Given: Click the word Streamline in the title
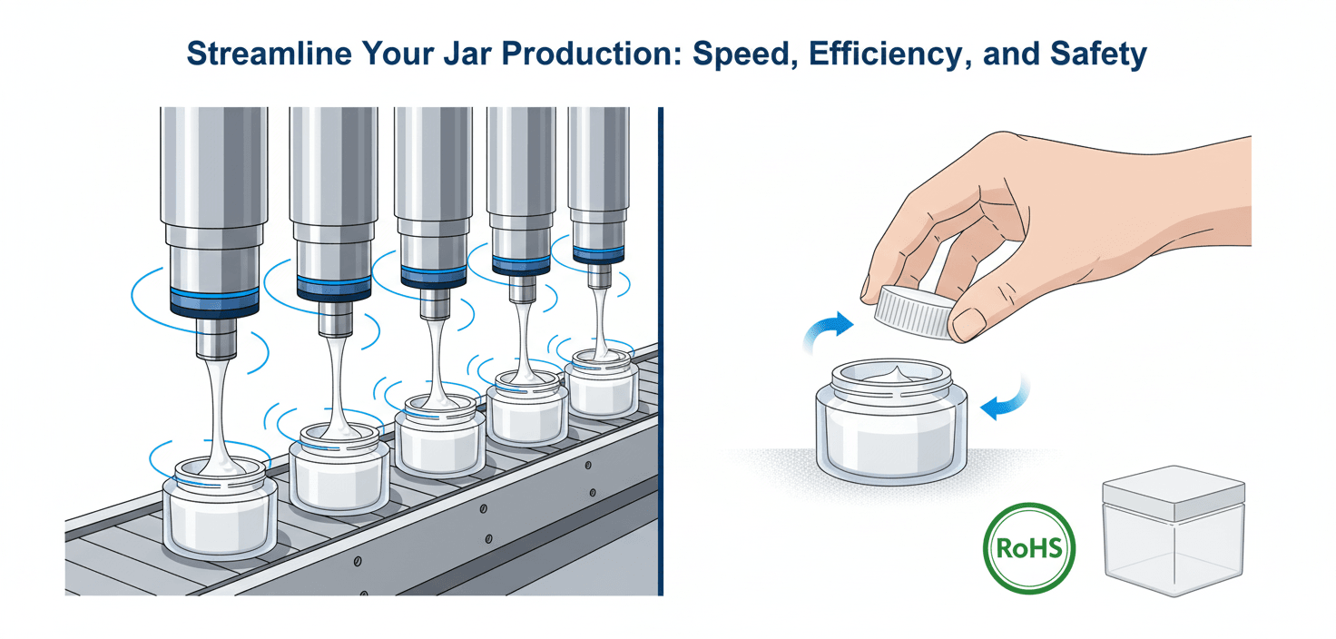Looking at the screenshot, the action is click(x=270, y=54).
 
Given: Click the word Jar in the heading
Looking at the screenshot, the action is click(x=468, y=54).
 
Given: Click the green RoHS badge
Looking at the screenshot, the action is click(x=1029, y=548).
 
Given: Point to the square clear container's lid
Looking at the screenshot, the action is click(x=1174, y=492).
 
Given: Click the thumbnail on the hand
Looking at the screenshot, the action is click(x=968, y=323).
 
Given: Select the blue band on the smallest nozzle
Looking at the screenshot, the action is click(x=598, y=255).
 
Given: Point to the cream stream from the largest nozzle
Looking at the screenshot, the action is click(x=217, y=412).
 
